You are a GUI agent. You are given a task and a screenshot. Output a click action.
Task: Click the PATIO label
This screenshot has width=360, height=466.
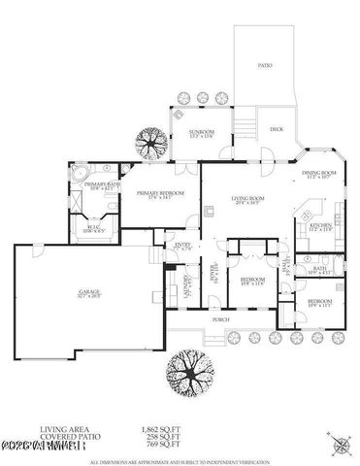click(x=265, y=66)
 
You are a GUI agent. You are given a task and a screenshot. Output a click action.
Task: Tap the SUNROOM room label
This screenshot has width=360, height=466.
click(x=188, y=133)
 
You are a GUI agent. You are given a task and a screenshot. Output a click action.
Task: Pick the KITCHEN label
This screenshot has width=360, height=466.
click(x=321, y=228)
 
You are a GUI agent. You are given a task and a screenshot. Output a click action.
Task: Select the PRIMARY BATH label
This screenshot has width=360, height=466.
click(x=101, y=186)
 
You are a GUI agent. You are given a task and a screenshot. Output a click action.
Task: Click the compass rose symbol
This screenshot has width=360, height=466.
click(x=341, y=444)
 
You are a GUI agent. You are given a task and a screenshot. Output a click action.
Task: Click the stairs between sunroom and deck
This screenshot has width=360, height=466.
click(x=248, y=124)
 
